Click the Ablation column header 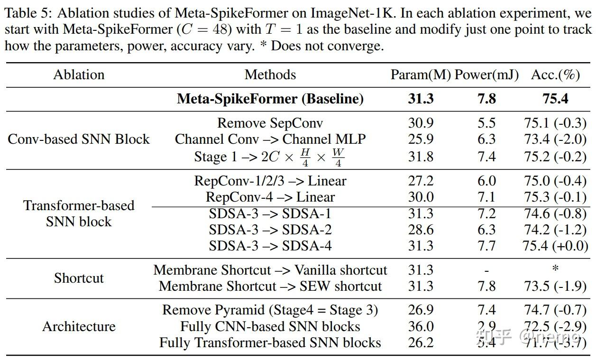79,74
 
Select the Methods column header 270,74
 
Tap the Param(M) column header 420,74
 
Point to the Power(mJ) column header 486,74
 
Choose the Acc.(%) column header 555,74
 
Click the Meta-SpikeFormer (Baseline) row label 270,99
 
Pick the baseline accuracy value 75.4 555,99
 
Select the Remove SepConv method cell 270,123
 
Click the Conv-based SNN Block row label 79,139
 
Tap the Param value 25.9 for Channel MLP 421,139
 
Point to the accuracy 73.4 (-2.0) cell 555,139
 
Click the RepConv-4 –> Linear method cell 270,197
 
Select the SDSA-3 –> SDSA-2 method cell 270,230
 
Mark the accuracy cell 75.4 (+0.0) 555,246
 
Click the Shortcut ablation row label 79,278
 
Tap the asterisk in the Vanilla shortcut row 555,269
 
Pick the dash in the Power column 486,270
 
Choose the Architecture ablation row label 79,326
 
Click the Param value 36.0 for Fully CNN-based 421,326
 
